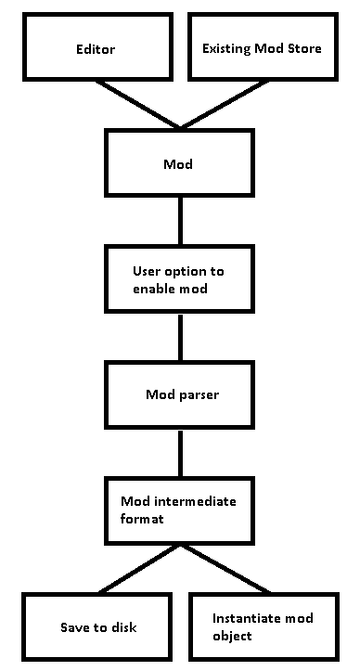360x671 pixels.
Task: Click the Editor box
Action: pos(95,48)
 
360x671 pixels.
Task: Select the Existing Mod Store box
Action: pos(262,48)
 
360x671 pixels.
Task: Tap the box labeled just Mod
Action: pos(180,164)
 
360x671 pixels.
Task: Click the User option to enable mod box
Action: pos(180,280)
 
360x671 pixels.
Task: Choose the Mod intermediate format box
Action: pos(180,510)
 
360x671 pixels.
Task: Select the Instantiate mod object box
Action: pos(263,626)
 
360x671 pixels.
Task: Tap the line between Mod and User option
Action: pos(180,222)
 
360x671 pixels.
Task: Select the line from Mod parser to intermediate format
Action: pos(180,453)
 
